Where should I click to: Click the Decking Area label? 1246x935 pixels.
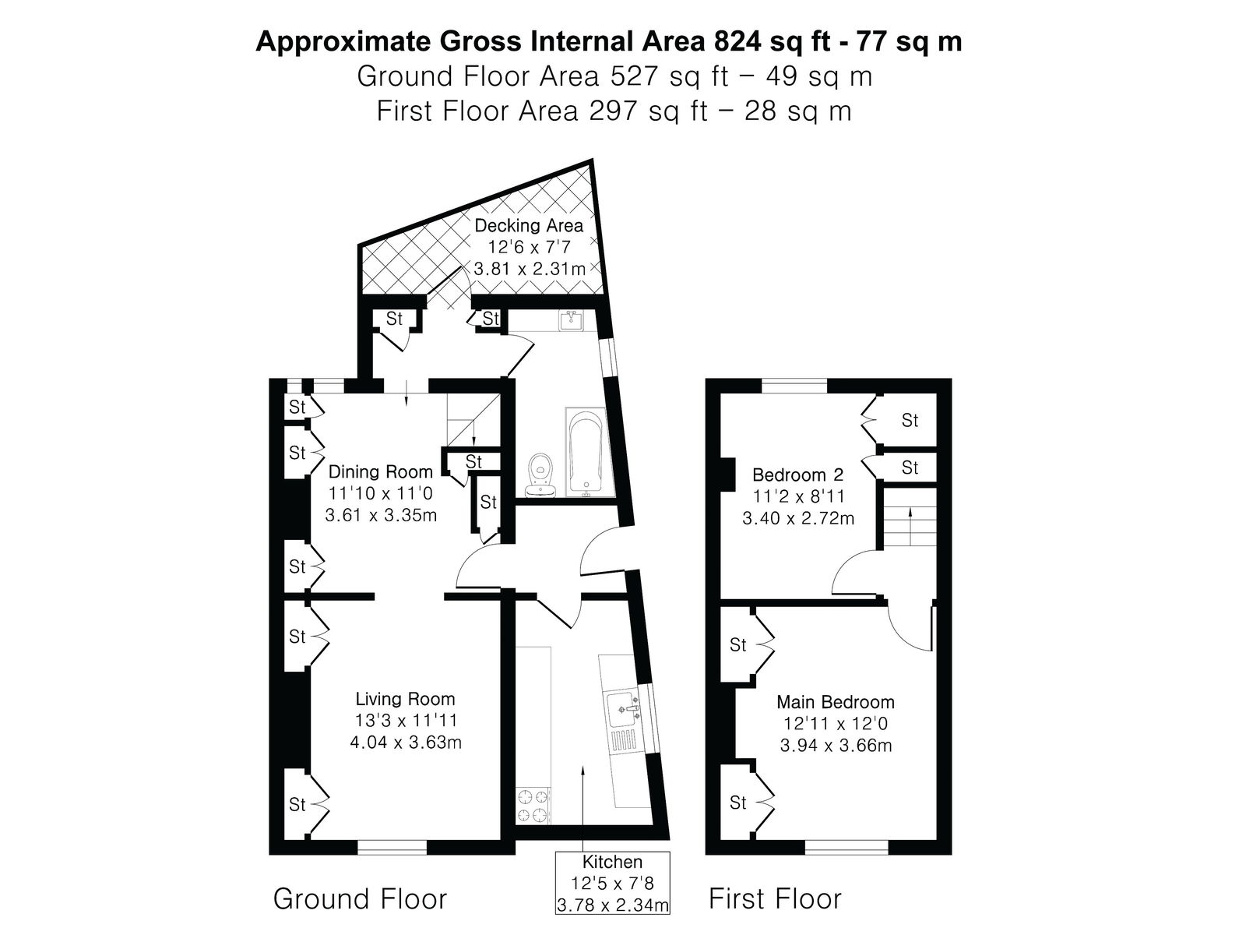click(x=529, y=226)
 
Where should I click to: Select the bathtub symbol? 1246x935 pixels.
click(x=586, y=453)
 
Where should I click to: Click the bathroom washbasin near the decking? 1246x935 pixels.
click(x=571, y=321)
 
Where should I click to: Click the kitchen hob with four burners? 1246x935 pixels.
click(x=533, y=804)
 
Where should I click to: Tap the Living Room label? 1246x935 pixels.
click(x=405, y=699)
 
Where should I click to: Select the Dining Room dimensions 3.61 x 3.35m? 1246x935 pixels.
click(x=381, y=516)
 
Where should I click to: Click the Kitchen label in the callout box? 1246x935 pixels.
click(x=613, y=862)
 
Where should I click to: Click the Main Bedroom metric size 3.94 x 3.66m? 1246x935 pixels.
click(x=836, y=746)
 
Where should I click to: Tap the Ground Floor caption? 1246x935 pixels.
click(x=360, y=898)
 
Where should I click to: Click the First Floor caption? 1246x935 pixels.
click(x=775, y=898)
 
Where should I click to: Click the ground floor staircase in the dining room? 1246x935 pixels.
click(x=472, y=420)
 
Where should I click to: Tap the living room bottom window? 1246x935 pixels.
click(x=392, y=847)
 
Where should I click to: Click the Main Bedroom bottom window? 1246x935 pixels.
click(x=847, y=847)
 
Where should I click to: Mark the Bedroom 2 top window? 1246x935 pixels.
click(x=794, y=386)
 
